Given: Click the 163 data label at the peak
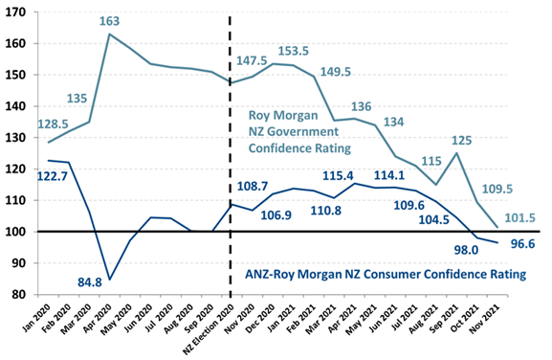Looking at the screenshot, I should (x=112, y=20).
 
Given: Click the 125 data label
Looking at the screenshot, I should (x=460, y=139).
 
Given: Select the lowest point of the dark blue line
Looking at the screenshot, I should (x=109, y=279).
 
